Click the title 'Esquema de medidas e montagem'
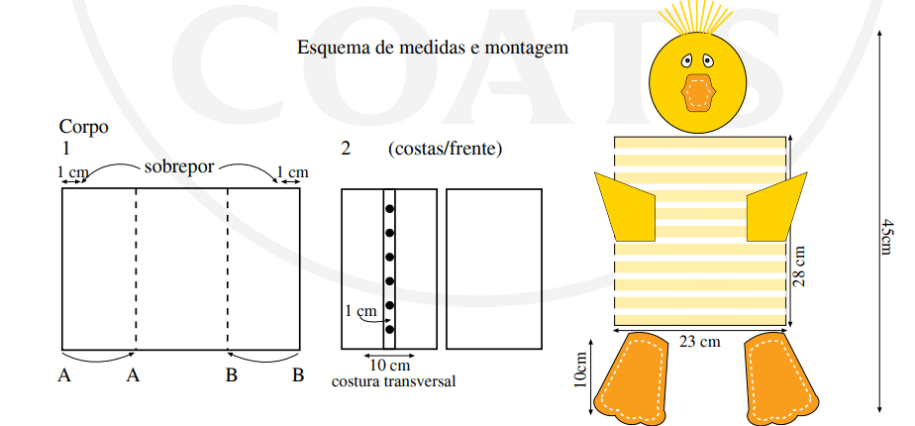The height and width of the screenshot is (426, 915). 433,48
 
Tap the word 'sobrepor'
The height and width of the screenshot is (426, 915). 179,167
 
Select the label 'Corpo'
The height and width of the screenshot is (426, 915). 84,127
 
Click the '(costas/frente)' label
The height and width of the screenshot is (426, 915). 445,149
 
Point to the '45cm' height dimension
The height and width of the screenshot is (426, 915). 887,238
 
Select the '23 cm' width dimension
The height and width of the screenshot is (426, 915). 700,341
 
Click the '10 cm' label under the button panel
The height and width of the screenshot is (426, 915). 390,366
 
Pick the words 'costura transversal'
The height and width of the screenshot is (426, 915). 393,381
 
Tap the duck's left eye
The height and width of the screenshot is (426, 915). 687,60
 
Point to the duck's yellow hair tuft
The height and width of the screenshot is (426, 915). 697,18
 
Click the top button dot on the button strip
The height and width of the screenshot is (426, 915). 389,208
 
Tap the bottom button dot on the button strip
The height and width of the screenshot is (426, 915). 389,329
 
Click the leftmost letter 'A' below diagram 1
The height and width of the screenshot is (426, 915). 64,375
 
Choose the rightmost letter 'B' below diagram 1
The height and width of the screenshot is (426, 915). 298,375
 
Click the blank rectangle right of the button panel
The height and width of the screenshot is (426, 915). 494,269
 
